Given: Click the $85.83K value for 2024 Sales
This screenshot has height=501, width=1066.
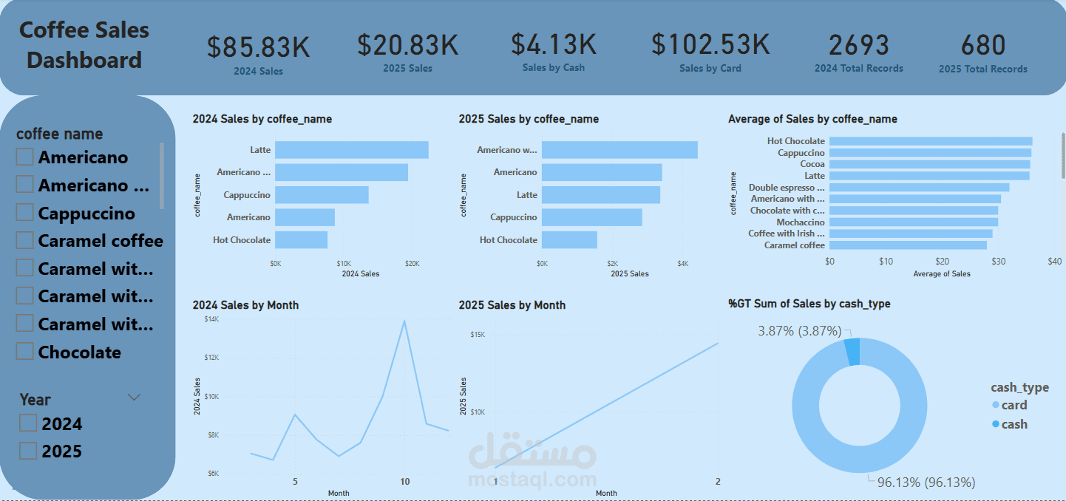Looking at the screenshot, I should pos(258,47).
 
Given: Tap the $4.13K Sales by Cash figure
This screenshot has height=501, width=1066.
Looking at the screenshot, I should pos(553,44).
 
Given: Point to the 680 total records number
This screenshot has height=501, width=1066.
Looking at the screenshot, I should pos(982,46).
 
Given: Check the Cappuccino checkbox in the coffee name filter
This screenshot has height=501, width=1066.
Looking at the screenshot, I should pos(25,213).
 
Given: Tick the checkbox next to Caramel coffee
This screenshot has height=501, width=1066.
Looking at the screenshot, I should pos(25,240).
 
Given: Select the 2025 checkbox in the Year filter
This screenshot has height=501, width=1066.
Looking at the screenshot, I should pos(28,451).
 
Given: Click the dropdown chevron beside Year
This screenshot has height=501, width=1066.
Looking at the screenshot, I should pos(134,398).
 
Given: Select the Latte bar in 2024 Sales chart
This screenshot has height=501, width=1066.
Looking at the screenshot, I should pos(352,150).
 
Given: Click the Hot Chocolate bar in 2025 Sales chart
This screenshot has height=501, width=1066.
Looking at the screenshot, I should pos(569,240).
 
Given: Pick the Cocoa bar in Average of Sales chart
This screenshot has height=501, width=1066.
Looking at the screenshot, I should pos(929,164).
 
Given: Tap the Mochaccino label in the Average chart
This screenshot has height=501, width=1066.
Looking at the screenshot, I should pos(800,222).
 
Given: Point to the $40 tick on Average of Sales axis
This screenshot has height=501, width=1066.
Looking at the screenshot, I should pos(1054,262).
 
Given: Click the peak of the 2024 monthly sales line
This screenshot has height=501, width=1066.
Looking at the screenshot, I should pos(404,321).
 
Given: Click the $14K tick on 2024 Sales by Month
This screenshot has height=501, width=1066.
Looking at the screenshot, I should pos(211,318).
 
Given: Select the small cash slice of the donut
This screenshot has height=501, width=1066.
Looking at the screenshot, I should pos(852,351).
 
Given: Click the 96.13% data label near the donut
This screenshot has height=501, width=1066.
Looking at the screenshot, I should pos(926,483).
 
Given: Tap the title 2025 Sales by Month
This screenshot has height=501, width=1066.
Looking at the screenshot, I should pos(512,305).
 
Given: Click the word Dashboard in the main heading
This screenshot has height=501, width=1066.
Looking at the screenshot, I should pos(84,60).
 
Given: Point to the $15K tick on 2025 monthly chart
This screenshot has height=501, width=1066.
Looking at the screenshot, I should pos(477,335).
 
